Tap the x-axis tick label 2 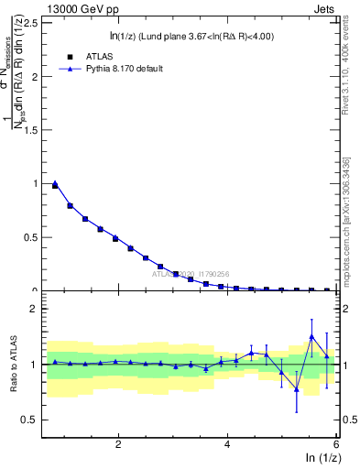click(118, 444)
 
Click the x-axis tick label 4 click(227, 444)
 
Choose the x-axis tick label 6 click(335, 444)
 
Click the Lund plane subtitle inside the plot click(191, 36)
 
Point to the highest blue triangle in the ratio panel click(311, 336)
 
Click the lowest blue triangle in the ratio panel click(296, 389)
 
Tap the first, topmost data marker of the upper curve click(55, 184)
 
